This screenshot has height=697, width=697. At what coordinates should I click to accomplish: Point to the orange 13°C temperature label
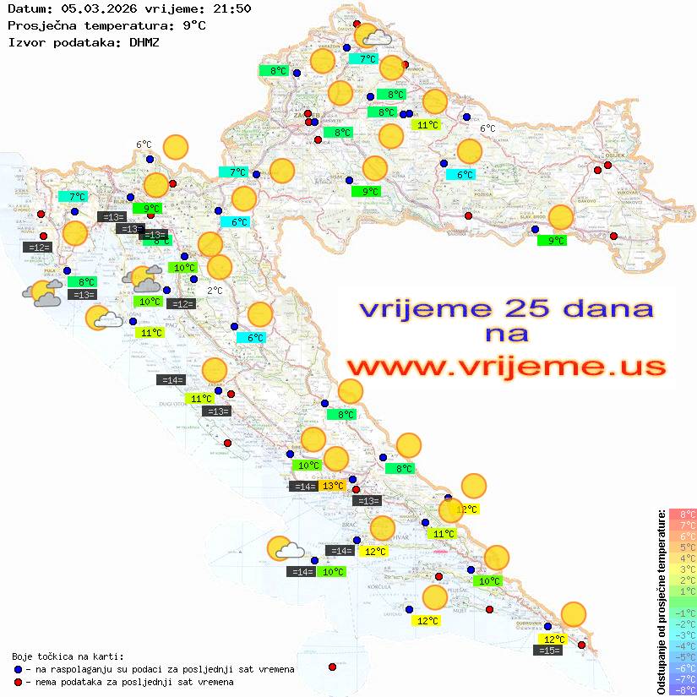[x=332, y=485]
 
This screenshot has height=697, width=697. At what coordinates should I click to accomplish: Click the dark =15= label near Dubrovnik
[x=549, y=651]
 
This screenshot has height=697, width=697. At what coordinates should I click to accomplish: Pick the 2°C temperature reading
[x=215, y=291]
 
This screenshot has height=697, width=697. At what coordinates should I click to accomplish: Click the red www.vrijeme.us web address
[x=506, y=368]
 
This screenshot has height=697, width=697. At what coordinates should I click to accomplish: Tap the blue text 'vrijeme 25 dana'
[x=506, y=308]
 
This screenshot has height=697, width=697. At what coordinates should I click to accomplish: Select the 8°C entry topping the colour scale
[x=683, y=514]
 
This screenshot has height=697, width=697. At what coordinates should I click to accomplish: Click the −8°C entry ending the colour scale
[x=683, y=689]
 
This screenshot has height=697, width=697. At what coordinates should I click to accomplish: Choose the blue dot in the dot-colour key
[x=18, y=669]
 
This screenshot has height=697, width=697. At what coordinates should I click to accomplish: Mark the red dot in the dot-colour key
[x=18, y=682]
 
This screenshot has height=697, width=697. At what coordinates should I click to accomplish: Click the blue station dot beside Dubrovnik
[x=547, y=627]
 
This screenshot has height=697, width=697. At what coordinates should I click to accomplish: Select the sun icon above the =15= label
[x=574, y=614]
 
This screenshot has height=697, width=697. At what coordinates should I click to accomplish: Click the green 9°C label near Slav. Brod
[x=552, y=241]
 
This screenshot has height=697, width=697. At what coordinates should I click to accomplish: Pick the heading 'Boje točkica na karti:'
[x=68, y=656]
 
